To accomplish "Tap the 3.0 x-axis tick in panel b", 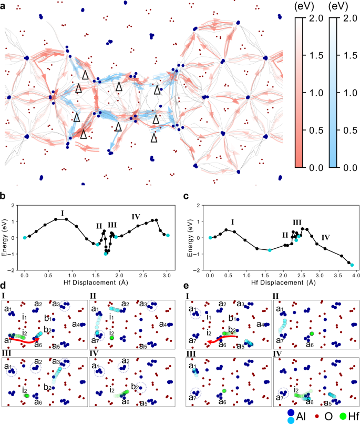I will tap(167, 274).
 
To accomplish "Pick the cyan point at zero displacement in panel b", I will tap(25, 238).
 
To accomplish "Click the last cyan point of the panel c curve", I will tap(352, 265).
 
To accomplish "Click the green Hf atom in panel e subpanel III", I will tap(224, 391).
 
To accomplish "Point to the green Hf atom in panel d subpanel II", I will tap(112, 338).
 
